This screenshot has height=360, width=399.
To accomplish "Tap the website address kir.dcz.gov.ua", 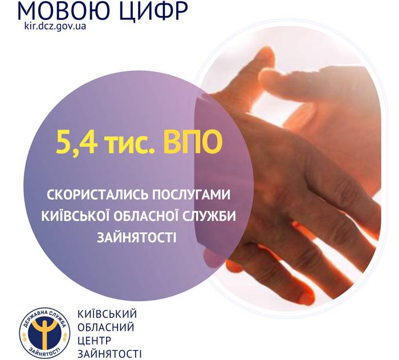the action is coord(55,26).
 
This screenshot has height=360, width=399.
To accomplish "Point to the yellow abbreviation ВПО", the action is coord(193,142).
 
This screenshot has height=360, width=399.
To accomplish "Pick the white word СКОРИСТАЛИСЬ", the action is coord(97,195).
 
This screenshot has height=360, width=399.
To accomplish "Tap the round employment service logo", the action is coord(45,333).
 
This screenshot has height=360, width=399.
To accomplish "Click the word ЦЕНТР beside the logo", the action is coord(95,341).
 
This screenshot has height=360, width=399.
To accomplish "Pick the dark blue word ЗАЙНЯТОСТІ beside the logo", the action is coord(109,354).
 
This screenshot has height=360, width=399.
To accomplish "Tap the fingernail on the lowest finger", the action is coord(305,296).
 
